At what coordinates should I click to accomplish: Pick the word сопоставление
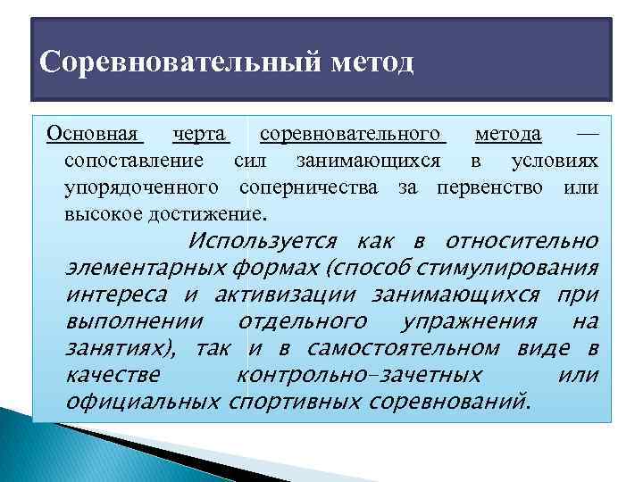click(134, 161)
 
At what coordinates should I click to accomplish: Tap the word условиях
click(554, 161)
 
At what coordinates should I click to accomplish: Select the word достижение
click(209, 214)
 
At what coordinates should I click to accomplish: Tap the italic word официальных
click(143, 402)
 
